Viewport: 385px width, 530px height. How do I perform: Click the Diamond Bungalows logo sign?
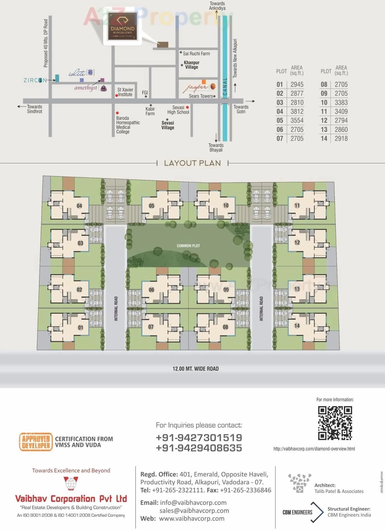[x=122, y=26]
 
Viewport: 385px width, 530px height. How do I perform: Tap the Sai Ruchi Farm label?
[x=196, y=54]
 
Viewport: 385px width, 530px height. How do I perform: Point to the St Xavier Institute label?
[x=125, y=92]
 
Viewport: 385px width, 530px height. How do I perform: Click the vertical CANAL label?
[x=225, y=87]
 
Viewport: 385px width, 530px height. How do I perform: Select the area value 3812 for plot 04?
[x=297, y=112]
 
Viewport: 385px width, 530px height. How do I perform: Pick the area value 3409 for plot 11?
[x=341, y=112]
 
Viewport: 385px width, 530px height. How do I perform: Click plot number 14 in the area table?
[x=324, y=139]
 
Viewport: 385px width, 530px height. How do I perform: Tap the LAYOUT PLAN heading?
[x=192, y=163]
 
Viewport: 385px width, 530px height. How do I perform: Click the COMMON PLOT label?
[x=188, y=246]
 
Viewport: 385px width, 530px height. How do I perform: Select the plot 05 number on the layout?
[x=152, y=206]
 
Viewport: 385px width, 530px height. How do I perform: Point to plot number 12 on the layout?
[x=297, y=242]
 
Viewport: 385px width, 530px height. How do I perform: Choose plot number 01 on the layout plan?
[x=80, y=328]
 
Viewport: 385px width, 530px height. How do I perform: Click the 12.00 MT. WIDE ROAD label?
[x=196, y=369]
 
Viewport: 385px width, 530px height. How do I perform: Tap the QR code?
[x=335, y=423]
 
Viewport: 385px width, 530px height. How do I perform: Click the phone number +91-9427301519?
[x=199, y=438]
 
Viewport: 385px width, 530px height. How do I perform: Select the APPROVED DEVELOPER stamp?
[x=36, y=442]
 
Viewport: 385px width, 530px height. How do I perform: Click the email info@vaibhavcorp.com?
[x=193, y=503]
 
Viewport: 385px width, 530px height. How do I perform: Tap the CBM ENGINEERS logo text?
[x=297, y=512]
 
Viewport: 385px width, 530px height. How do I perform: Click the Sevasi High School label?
[x=178, y=110]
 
